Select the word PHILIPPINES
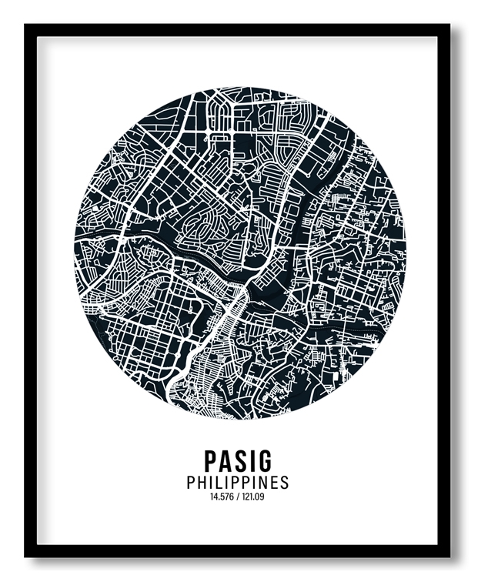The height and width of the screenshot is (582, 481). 238,483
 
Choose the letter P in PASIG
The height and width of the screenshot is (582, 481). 212,460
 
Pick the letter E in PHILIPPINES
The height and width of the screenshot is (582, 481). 272,483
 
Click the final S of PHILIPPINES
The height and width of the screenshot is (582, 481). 284,483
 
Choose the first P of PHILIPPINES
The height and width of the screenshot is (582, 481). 191,483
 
